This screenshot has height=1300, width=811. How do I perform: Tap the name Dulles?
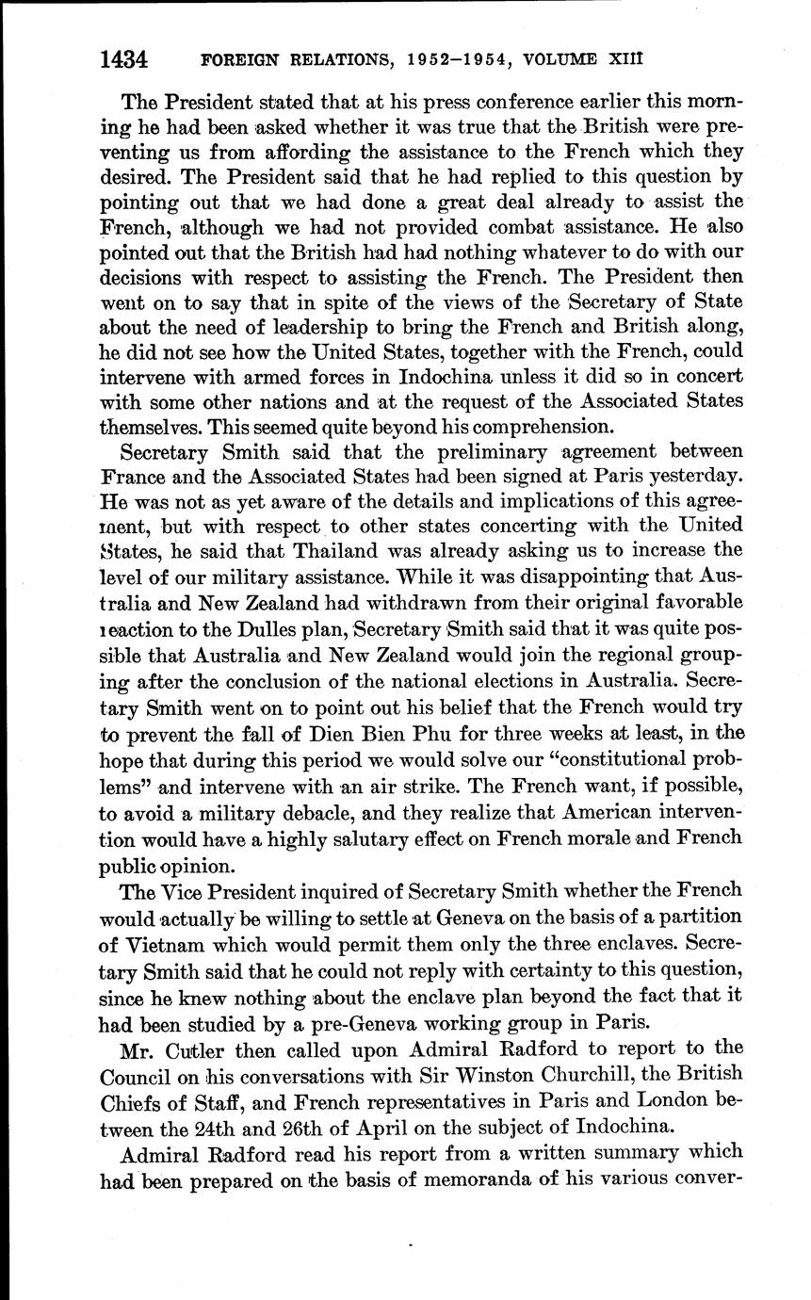[x=317, y=626]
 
